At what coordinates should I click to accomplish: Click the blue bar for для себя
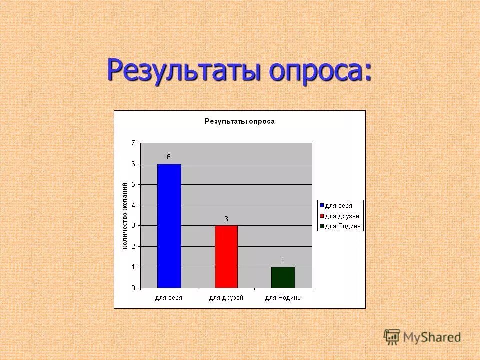pyautogui.click(x=169, y=226)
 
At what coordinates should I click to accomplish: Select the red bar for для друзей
pyautogui.click(x=226, y=257)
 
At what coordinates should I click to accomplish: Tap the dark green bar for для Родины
pyautogui.click(x=283, y=277)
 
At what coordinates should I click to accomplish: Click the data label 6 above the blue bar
pyautogui.click(x=169, y=157)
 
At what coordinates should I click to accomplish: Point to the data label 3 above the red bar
pyautogui.click(x=226, y=219)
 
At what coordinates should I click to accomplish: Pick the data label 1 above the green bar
pyautogui.click(x=283, y=260)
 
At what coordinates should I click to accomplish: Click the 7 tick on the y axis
pyautogui.click(x=133, y=143)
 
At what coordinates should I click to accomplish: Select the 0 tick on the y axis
pyautogui.click(x=133, y=288)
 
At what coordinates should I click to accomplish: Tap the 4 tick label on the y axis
pyautogui.click(x=133, y=205)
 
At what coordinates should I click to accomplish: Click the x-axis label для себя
pyautogui.click(x=169, y=298)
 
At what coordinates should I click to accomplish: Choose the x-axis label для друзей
pyautogui.click(x=226, y=298)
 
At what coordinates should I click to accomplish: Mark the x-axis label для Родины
pyautogui.click(x=283, y=298)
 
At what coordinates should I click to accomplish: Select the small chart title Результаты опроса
pyautogui.click(x=239, y=121)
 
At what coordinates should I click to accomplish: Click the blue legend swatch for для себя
pyautogui.click(x=322, y=205)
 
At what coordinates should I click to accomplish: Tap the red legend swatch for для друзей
pyautogui.click(x=322, y=216)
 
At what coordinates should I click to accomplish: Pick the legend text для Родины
pyautogui.click(x=343, y=226)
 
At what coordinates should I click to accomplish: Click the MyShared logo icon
pyautogui.click(x=392, y=337)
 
